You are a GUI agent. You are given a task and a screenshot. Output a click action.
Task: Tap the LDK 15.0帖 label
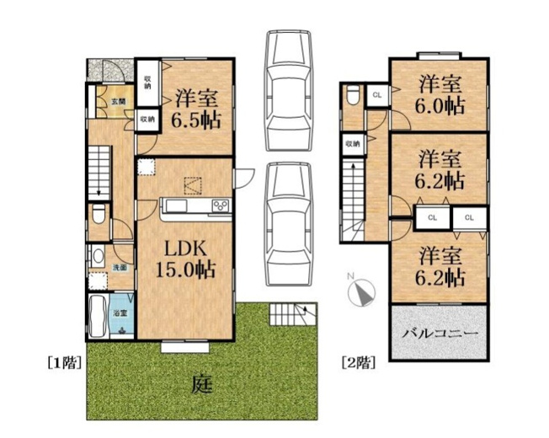tap(184, 259)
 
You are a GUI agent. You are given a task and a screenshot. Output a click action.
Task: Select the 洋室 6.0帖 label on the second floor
tap(441, 94)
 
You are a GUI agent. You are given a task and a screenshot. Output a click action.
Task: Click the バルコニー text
tap(440, 334)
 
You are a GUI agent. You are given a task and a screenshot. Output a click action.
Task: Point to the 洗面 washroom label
tap(120, 267)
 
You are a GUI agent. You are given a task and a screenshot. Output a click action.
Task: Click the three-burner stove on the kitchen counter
tap(221, 206)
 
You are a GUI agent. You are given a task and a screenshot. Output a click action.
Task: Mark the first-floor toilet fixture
tap(99, 216)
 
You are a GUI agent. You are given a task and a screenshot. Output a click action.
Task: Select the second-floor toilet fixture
tap(351, 96)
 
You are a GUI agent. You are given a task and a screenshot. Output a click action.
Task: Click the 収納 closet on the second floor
tap(351, 144)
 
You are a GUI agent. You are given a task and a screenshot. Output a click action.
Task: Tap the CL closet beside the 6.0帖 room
tap(376, 94)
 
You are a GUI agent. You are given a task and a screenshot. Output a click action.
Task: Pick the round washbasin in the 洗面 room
tap(98, 258)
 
